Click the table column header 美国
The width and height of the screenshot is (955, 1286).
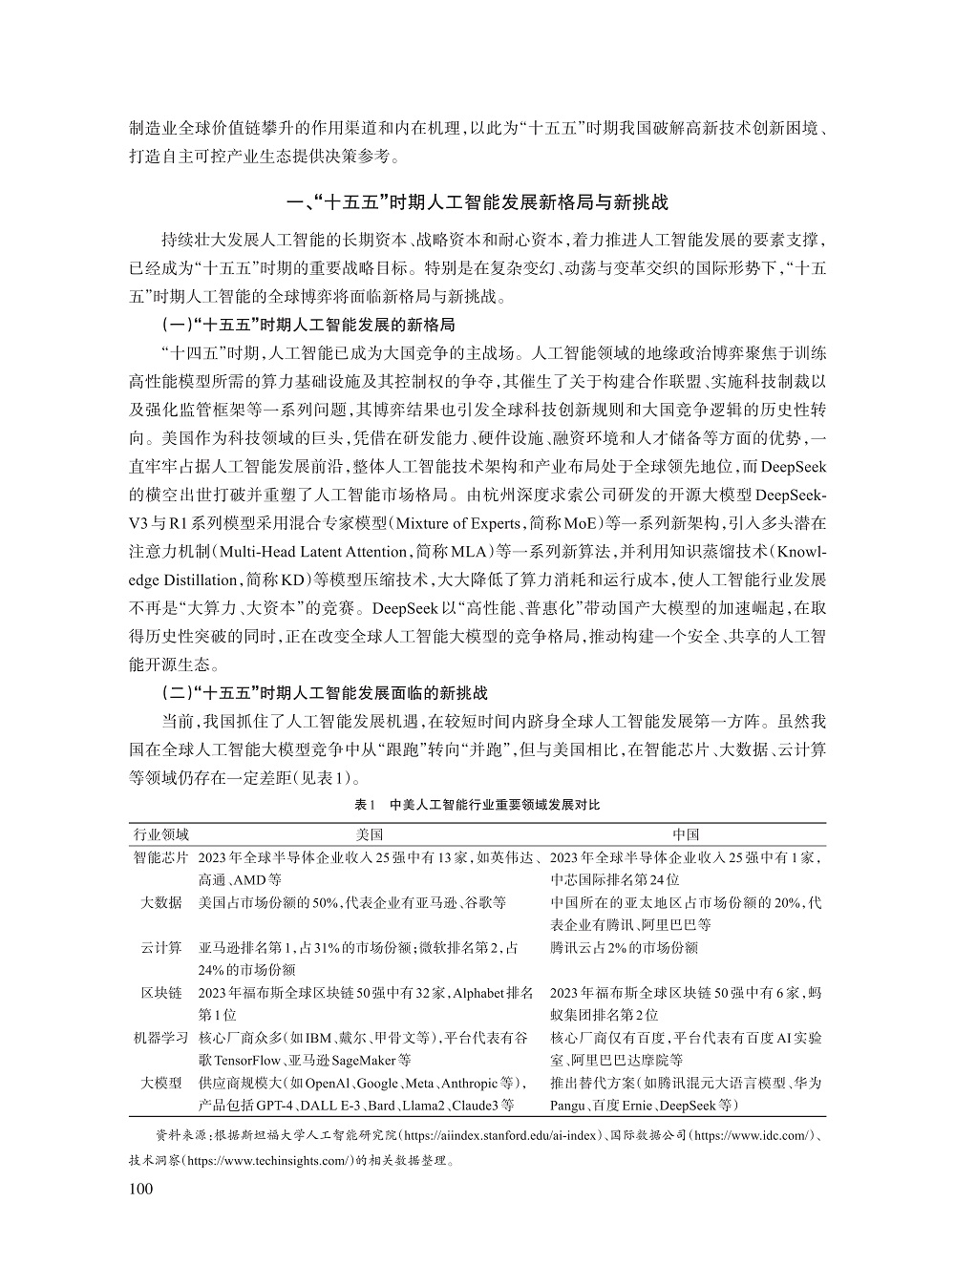369,834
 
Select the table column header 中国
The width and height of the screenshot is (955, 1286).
686,834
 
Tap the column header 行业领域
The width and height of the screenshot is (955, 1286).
161,834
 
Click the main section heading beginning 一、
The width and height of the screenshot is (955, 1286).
477,202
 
